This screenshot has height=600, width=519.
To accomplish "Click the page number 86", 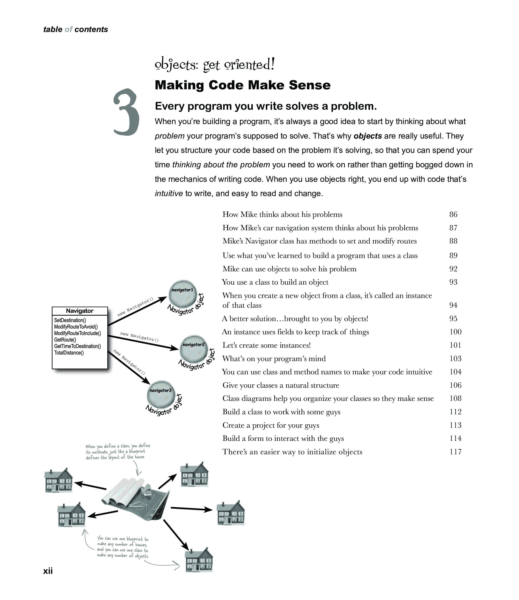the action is coord(453,214).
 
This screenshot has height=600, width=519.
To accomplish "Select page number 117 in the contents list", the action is coord(455,452).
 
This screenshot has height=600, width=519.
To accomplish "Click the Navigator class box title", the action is coord(80,311).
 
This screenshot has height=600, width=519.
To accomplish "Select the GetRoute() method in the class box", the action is coord(65,340).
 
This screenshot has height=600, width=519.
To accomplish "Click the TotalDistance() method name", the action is coord(69,353).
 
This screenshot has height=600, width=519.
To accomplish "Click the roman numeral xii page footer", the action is coord(48,571).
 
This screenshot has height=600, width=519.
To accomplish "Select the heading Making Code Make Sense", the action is coord(243,85).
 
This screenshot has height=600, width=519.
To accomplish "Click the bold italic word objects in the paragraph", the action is coord(368,136).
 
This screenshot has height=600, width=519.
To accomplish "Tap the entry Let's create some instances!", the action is coord(266,346).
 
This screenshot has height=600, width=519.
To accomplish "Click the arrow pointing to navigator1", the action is coord(138,311).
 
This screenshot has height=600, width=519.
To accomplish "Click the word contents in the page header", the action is coord(91,30).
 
